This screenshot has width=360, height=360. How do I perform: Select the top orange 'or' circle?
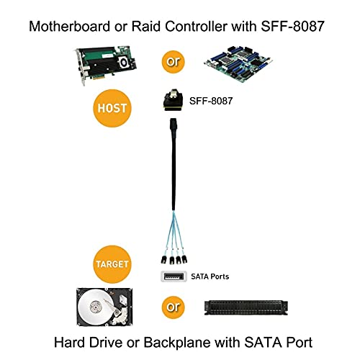tap(172, 60)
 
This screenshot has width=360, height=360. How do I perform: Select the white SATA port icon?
tap(173, 276)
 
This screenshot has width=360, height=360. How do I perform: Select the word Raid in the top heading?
tap(143, 27)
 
